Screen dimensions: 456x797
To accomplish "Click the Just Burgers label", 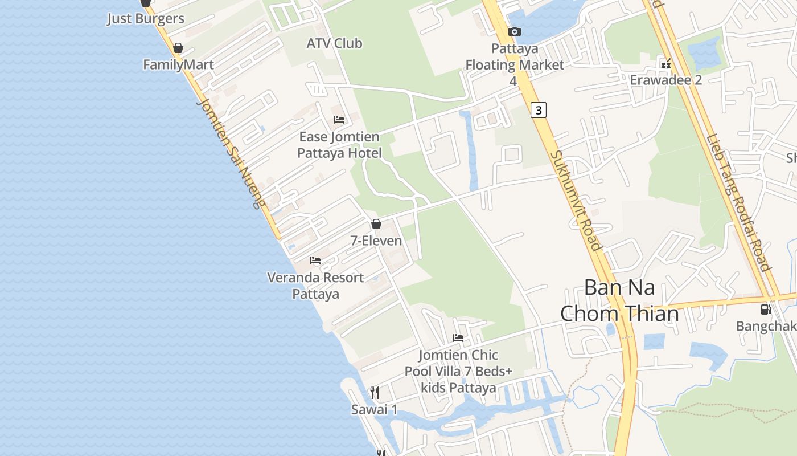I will (x=146, y=18).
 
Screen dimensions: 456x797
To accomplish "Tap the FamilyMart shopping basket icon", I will (x=178, y=48).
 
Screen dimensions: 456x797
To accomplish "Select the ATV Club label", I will (x=334, y=43).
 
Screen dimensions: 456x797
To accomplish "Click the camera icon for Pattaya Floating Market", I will (x=515, y=32).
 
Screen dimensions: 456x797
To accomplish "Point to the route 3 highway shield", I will (x=538, y=109).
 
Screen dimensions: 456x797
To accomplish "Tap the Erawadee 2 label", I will (x=665, y=80).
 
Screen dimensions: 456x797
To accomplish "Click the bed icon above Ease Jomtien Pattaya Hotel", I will (x=339, y=120).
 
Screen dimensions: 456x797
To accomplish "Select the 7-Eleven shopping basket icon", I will (x=376, y=224).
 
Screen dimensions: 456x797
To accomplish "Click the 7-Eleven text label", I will (x=376, y=241).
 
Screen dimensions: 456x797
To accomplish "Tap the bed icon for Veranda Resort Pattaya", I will (x=315, y=261).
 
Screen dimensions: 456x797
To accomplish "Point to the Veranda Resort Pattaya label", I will (x=315, y=286).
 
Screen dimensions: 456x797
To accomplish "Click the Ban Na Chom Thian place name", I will (x=619, y=300).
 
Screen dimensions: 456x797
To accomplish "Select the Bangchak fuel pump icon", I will (x=766, y=310).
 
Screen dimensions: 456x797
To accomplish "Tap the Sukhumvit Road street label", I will (x=576, y=200).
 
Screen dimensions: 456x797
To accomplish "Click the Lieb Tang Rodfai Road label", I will (x=738, y=202).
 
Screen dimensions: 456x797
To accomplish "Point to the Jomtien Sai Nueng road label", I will (x=231, y=153).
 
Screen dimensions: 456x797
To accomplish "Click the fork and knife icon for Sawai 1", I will (x=374, y=393).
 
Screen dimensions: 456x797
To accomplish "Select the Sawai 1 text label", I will (x=374, y=409).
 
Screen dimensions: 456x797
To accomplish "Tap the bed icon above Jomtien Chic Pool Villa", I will (x=458, y=338).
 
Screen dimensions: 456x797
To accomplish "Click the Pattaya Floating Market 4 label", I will (x=515, y=64).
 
